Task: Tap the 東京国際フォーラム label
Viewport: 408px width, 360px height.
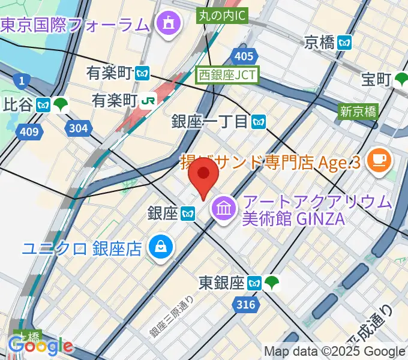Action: pyautogui.click(x=74, y=25)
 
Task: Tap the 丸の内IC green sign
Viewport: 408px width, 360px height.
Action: pyautogui.click(x=221, y=16)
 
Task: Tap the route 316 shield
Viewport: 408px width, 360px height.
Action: pyautogui.click(x=245, y=305)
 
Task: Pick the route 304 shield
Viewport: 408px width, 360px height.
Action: pyautogui.click(x=78, y=127)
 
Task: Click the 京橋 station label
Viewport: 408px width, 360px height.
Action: pyautogui.click(x=319, y=42)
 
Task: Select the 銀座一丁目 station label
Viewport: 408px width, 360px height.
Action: pyautogui.click(x=210, y=121)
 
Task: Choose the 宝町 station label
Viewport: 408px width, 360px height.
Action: pyautogui.click(x=377, y=79)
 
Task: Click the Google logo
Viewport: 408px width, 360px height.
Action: pyautogui.click(x=40, y=346)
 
